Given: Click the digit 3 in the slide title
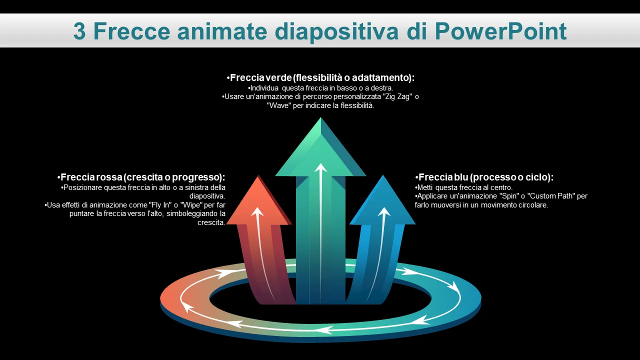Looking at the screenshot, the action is [x=79, y=31].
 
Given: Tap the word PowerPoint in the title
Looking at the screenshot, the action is [x=501, y=31].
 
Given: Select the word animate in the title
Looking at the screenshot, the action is [x=222, y=31].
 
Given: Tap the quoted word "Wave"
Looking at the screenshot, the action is [x=279, y=105].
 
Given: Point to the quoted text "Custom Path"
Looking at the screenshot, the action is [x=551, y=196].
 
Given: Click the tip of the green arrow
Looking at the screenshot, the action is [x=320, y=117].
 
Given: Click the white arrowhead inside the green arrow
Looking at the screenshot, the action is [x=320, y=167].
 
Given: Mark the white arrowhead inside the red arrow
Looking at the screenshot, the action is [x=257, y=211].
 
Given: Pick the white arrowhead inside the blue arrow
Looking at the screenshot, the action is [x=384, y=211].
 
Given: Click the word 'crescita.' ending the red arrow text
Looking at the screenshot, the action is [x=211, y=222].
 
